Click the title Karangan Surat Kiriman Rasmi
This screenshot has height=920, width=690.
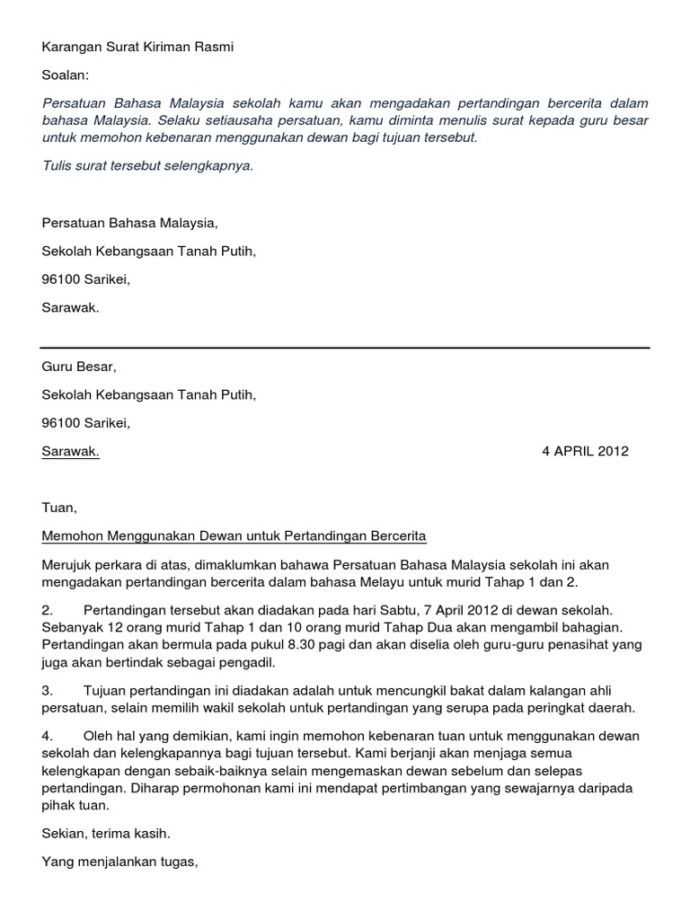pos(137,47)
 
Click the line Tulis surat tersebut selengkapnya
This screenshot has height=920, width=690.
pos(147,165)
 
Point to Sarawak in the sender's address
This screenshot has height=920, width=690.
pos(71,306)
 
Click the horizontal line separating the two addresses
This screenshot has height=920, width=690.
pos(345,348)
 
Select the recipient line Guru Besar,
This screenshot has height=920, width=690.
pos(79,367)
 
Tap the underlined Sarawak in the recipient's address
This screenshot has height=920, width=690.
pos(71,451)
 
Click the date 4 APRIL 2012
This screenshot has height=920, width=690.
pos(585,451)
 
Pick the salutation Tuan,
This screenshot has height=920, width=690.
pos(59,508)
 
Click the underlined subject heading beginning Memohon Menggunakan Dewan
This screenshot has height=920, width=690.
pos(234,536)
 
